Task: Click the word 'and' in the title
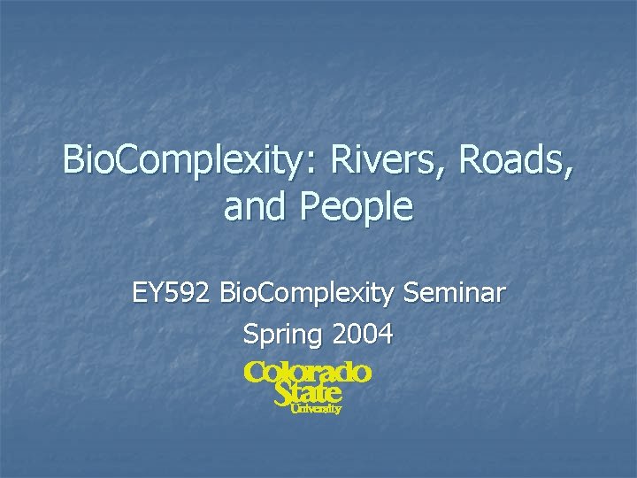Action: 257,207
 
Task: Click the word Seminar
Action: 452,292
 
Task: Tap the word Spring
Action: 282,335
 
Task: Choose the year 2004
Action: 362,334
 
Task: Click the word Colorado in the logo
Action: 308,373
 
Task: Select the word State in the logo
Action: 307,392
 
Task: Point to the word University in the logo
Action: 316,409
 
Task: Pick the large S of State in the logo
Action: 284,392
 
